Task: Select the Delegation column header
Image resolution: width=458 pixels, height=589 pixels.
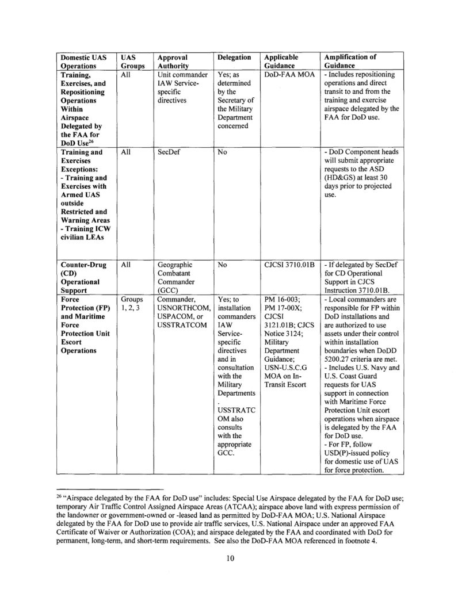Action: click(x=235, y=58)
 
